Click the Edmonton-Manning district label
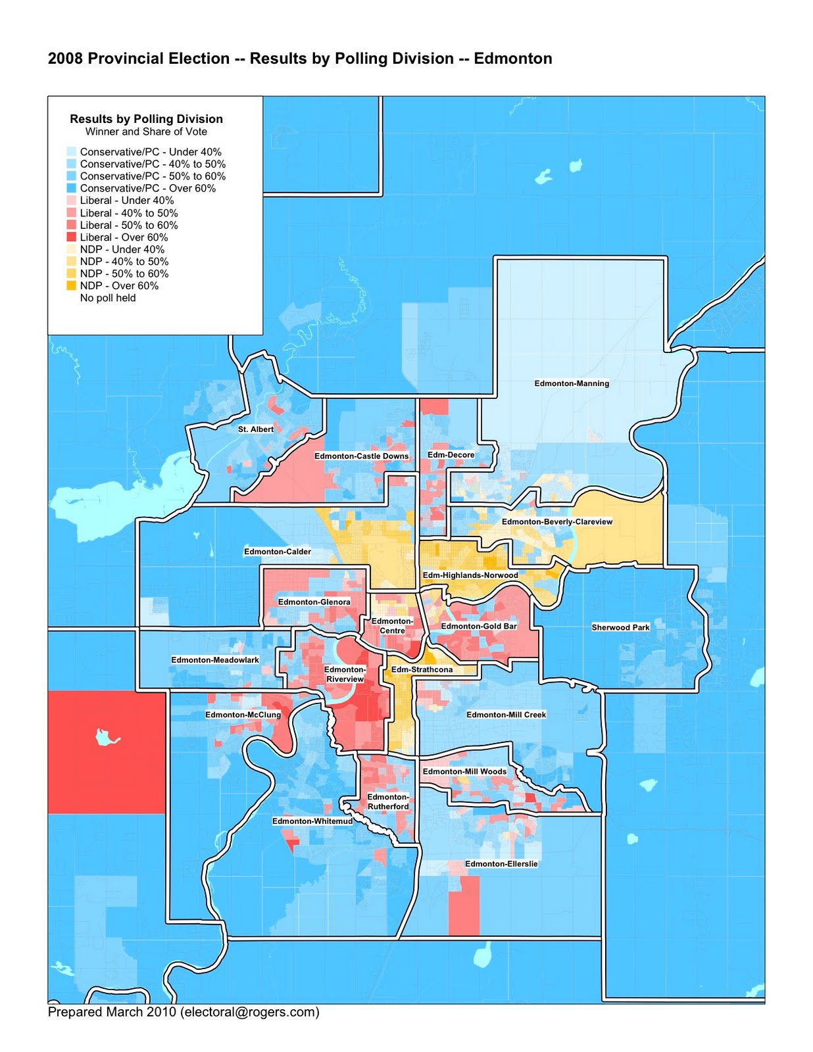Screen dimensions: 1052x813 coord(572,383)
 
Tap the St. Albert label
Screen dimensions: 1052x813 coord(256,429)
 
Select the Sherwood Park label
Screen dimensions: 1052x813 coord(620,627)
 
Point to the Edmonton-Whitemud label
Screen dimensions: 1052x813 coord(312,821)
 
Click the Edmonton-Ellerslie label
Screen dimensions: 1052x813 coord(501,864)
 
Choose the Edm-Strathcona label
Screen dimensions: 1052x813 coord(422,669)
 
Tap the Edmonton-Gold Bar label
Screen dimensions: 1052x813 coord(479,626)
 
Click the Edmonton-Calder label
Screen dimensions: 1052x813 coord(278,552)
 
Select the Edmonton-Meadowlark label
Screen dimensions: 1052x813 coord(215,659)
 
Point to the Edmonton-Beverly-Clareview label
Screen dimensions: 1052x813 coord(557,521)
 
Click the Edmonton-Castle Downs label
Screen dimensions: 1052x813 coord(361,456)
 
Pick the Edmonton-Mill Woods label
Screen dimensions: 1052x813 coord(464,771)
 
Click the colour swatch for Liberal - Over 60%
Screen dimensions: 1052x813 coord(72,237)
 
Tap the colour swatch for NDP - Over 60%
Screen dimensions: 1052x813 coord(72,286)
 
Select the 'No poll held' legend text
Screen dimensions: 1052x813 coord(108,298)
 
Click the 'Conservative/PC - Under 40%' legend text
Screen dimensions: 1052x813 coord(151,152)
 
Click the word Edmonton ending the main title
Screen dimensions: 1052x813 coord(512,59)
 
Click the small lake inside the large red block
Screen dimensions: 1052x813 coord(106,737)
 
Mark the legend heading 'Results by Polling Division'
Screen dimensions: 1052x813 coord(146,119)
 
